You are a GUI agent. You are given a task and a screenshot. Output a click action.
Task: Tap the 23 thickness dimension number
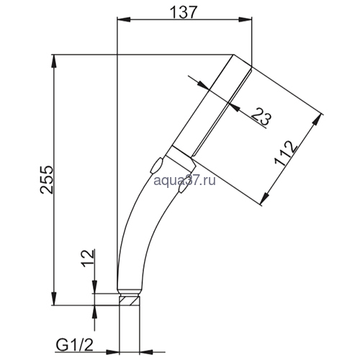tap(261, 116)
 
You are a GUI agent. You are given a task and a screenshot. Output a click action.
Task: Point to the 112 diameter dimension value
tap(286, 153)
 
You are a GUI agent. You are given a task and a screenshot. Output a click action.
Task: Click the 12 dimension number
tap(88, 258)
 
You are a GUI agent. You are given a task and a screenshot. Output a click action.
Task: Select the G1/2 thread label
tap(74, 346)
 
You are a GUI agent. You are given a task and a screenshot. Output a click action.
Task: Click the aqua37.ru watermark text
tap(184, 181)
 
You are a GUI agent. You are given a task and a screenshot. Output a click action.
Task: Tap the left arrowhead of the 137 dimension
tap(123, 20)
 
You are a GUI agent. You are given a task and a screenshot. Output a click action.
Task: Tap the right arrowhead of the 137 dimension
tap(245, 20)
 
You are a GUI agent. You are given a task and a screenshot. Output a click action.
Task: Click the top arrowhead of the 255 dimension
tap(54, 62)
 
